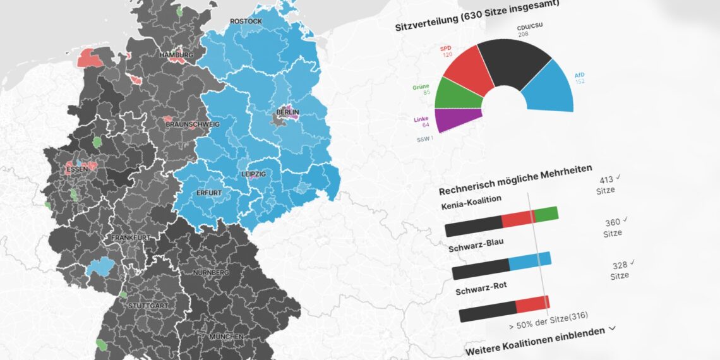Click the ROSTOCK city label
click(x=246, y=21)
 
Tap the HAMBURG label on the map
click(x=176, y=56)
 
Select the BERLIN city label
click(x=287, y=113)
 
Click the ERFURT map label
click(x=208, y=193)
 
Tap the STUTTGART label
click(x=148, y=306)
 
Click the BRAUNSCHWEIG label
click(x=193, y=124)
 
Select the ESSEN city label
click(x=78, y=170)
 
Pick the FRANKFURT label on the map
click(x=131, y=238)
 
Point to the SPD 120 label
click(x=447, y=52)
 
